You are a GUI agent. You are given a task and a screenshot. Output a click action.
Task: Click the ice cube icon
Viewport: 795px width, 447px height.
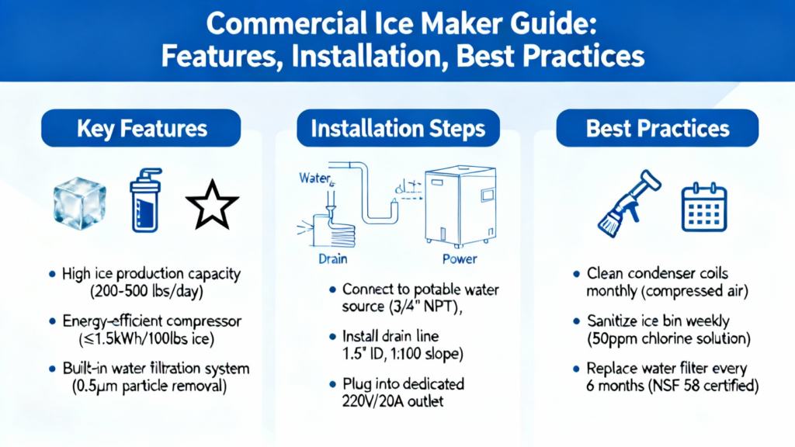pos(80,203)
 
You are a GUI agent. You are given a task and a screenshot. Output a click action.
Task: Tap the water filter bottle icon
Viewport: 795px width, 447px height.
pos(145,200)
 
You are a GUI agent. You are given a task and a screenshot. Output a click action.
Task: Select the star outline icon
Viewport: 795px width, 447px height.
pos(212,205)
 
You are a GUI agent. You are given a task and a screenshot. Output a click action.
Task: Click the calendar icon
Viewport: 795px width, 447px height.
pos(704,207)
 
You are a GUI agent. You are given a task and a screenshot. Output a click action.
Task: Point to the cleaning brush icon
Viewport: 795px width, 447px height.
pos(629,203)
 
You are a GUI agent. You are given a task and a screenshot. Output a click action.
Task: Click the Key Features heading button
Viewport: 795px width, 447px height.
pos(141,128)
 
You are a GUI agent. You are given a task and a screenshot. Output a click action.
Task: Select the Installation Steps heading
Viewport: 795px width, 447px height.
pos(398,128)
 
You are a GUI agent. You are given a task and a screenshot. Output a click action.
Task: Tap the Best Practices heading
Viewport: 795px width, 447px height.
pos(657,128)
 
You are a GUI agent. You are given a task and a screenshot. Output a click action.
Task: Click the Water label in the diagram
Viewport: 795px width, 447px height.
pos(315,178)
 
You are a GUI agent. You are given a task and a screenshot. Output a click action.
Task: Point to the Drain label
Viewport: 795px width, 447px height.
pos(332,259)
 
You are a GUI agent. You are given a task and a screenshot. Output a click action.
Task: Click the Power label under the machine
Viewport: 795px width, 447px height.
pos(460,259)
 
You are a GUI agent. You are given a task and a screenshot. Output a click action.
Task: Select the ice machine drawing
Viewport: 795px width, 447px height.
pos(460,206)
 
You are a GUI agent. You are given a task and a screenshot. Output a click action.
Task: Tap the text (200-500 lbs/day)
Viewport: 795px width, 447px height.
pos(147,292)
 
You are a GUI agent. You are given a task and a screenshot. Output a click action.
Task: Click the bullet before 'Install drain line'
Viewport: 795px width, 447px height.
pos(332,337)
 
